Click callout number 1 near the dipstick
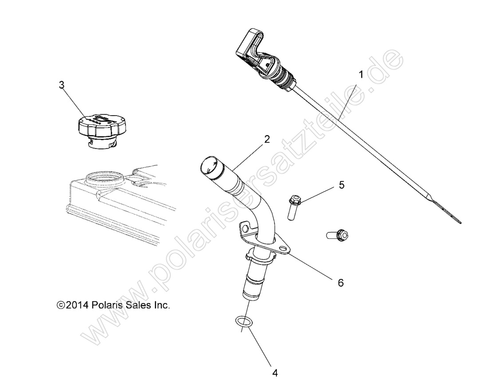click(x=361, y=75)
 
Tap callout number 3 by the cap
click(x=62, y=85)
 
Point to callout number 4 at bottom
click(x=275, y=373)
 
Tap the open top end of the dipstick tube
click(x=208, y=167)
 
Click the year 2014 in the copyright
click(x=78, y=305)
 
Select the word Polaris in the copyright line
click(x=106, y=305)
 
